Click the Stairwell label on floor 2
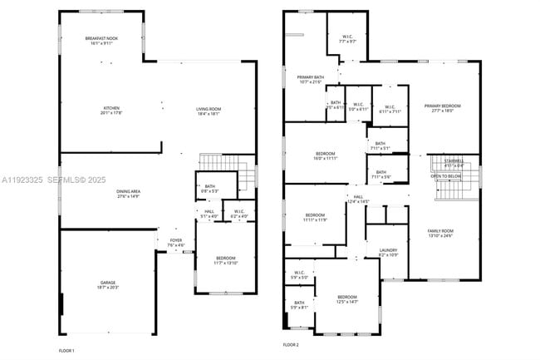tap(454, 163)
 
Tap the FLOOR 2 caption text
tap(291, 344)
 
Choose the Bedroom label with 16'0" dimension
tap(325, 155)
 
